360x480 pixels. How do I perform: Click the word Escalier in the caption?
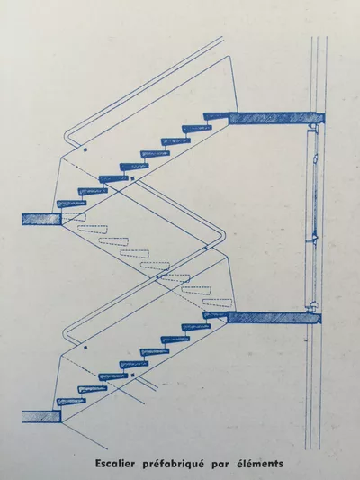115,464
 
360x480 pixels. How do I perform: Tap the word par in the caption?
220,465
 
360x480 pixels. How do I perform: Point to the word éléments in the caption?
260,464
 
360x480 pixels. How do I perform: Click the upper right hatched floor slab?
277,118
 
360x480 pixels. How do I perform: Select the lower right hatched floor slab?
274,318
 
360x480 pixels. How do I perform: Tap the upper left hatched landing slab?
41,219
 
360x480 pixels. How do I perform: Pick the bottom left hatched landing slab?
41,417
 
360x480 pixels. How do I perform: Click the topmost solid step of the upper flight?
216,116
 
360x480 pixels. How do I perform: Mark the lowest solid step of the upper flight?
72,204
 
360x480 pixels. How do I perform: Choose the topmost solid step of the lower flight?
215,315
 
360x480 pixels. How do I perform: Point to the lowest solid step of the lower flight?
71,402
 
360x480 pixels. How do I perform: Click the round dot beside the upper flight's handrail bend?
85,149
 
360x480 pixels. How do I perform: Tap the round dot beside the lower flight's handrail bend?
85,348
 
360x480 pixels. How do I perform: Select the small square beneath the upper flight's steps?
132,177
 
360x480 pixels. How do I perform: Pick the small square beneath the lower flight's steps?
132,375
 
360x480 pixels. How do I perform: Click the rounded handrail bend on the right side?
224,236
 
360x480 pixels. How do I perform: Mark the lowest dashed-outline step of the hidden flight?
218,303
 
